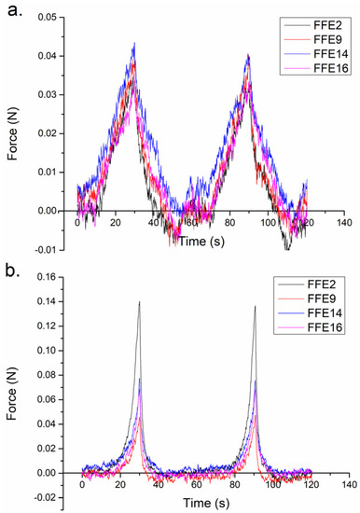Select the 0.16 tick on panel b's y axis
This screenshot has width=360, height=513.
(53, 279)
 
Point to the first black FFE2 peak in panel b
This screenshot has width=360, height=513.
(139, 302)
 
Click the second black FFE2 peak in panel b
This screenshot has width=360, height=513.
(255, 307)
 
